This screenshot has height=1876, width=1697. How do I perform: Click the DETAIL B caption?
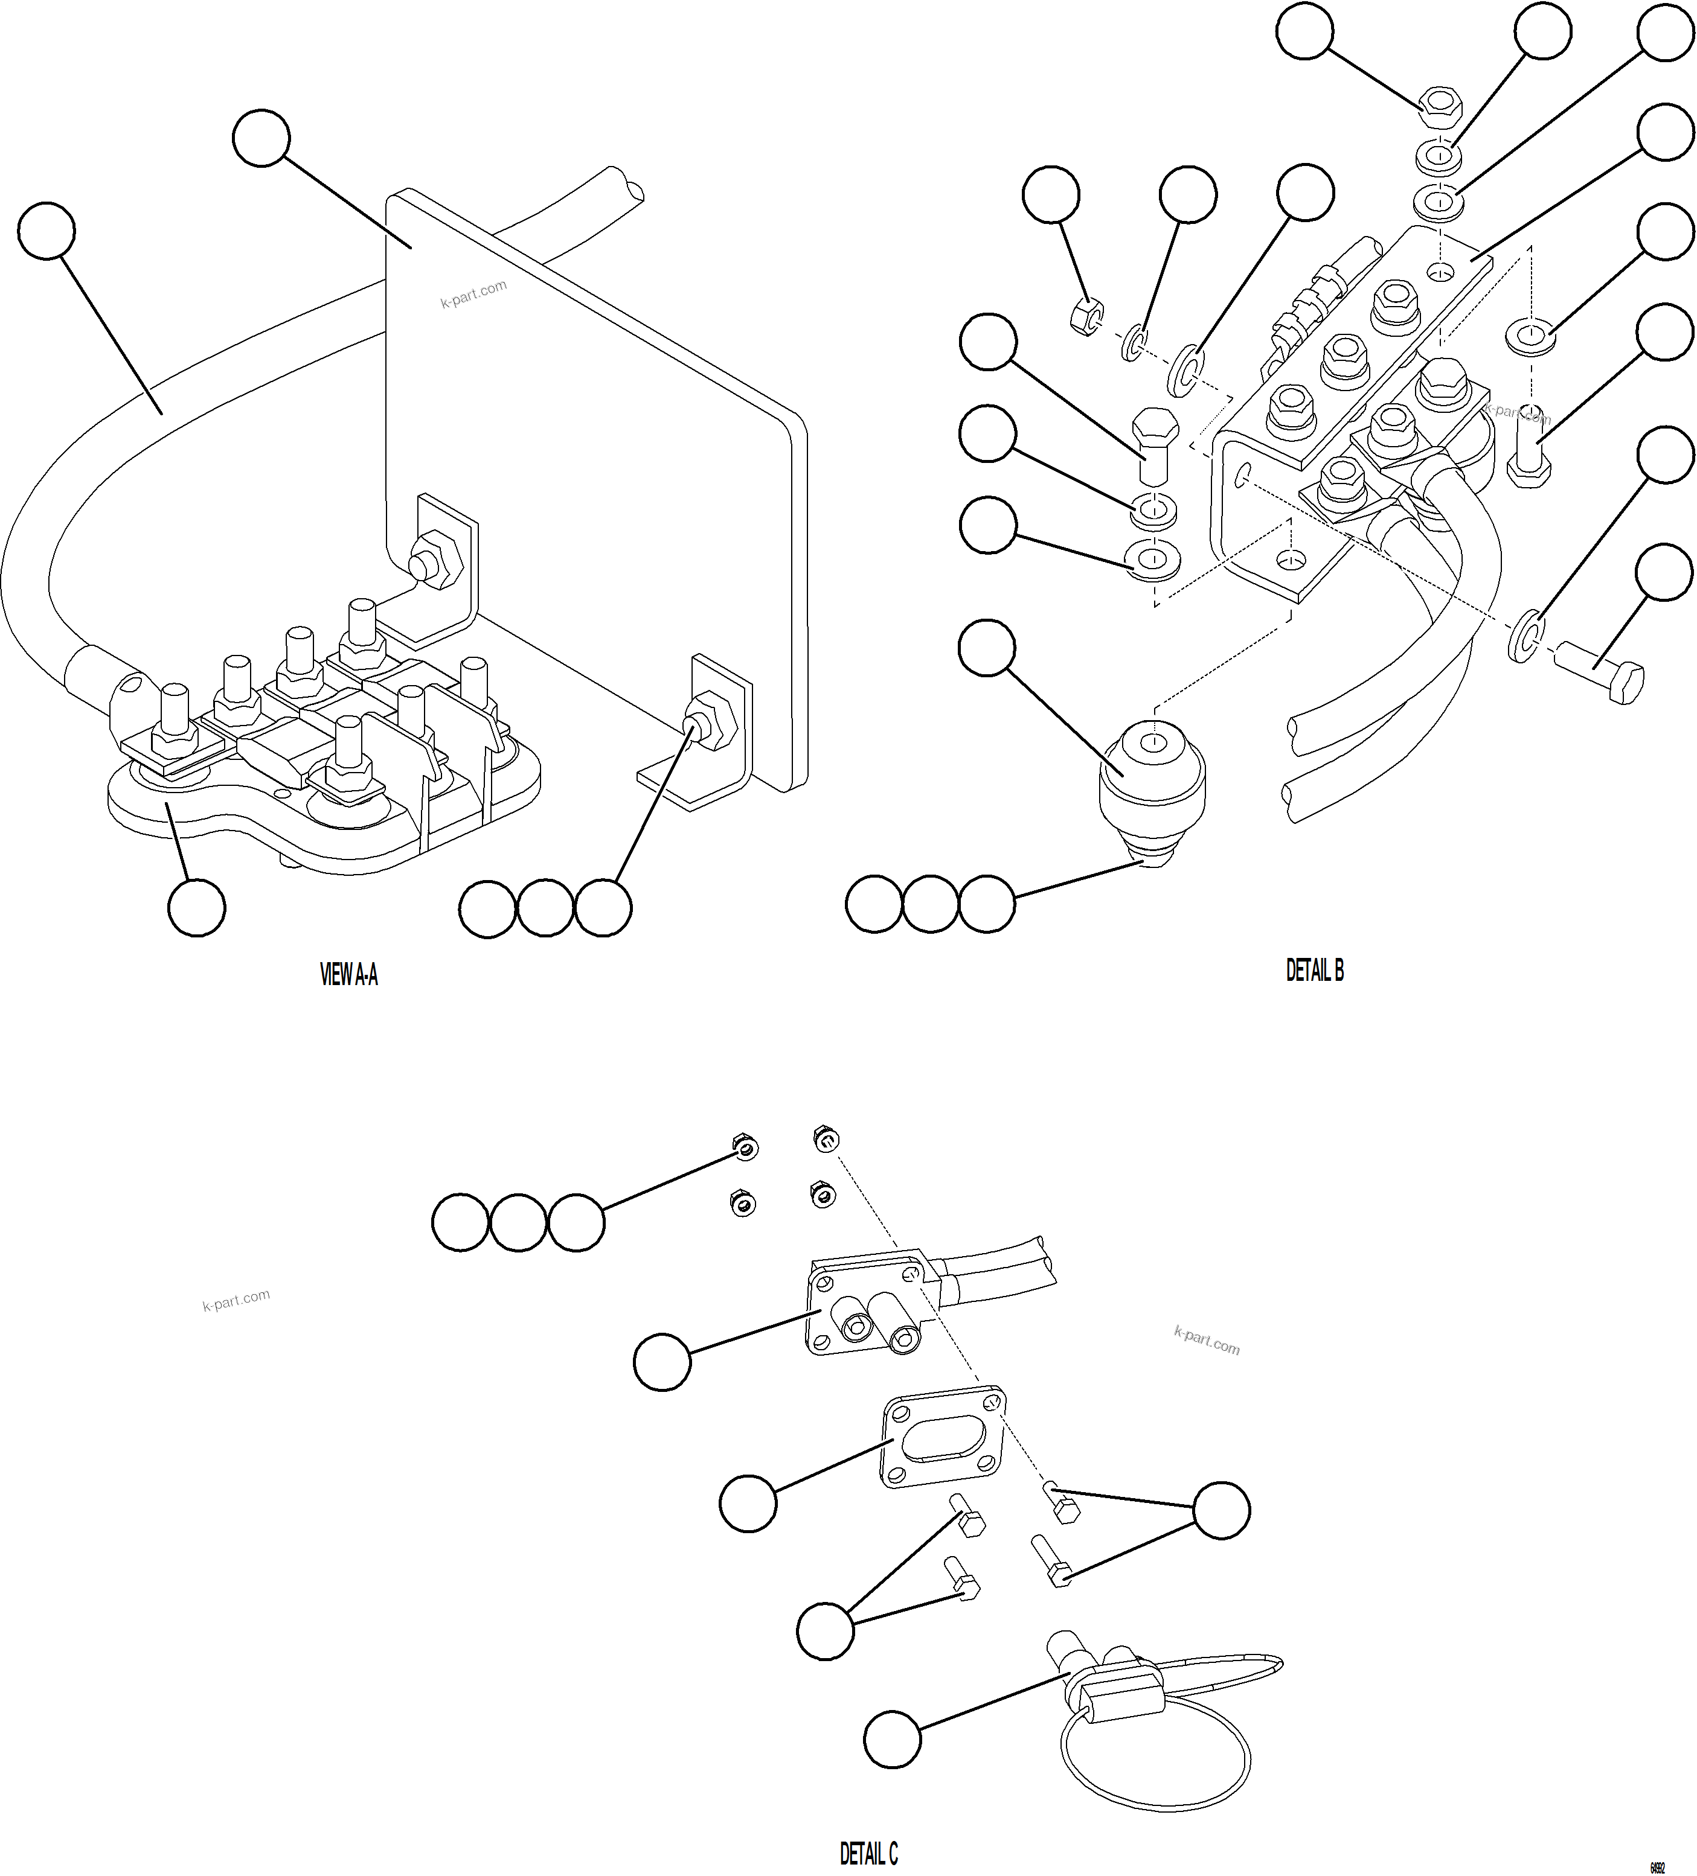pyautogui.click(x=1314, y=971)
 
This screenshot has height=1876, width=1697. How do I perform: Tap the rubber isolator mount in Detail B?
pyautogui.click(x=1152, y=774)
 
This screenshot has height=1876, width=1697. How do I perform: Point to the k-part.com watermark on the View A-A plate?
pyautogui.click(x=474, y=294)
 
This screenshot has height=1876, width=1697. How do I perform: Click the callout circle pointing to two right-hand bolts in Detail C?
pyautogui.click(x=1221, y=1510)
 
